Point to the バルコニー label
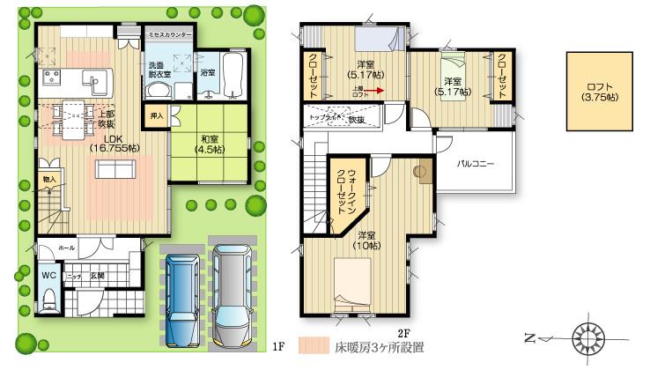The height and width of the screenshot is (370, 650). [x=475, y=165]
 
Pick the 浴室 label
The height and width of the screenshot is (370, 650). [x=208, y=70]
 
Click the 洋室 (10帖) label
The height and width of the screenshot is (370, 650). [x=368, y=240]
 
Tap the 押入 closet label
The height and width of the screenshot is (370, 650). [x=155, y=115]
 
